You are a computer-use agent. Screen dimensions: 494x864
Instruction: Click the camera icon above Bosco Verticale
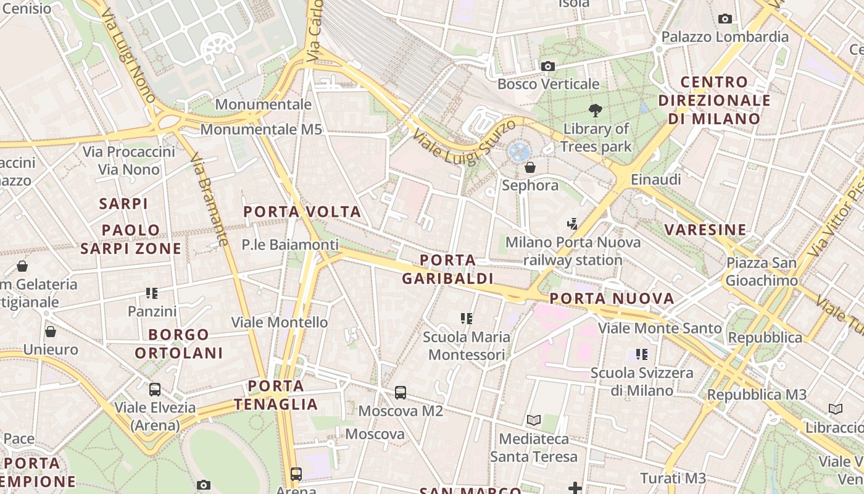[547, 66]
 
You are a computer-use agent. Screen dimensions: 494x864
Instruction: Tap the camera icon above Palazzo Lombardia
[725, 19]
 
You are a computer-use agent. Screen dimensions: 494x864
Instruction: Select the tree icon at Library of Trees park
[596, 111]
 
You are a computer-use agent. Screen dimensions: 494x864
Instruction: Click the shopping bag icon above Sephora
[530, 167]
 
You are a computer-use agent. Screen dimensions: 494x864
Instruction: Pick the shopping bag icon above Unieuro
[51, 332]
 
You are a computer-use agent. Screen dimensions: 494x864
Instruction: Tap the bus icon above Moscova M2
[401, 392]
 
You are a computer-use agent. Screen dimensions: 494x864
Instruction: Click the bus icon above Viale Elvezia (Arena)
[155, 390]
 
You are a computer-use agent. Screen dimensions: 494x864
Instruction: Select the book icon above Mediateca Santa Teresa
[534, 421]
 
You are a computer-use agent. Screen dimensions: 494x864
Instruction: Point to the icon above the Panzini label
[152, 293]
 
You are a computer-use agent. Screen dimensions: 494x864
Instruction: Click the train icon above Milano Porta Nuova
[573, 224]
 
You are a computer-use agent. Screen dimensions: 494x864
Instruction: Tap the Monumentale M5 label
[261, 130]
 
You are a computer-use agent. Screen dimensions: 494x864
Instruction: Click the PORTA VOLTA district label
[302, 212]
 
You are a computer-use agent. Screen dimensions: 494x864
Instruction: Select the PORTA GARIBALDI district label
[447, 269]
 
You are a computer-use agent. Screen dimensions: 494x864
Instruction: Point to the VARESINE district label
[705, 230]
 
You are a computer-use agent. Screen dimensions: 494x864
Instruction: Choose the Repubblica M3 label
[757, 395]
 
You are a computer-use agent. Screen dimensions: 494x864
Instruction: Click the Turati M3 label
[673, 478]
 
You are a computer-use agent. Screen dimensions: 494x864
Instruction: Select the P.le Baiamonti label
[290, 245]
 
